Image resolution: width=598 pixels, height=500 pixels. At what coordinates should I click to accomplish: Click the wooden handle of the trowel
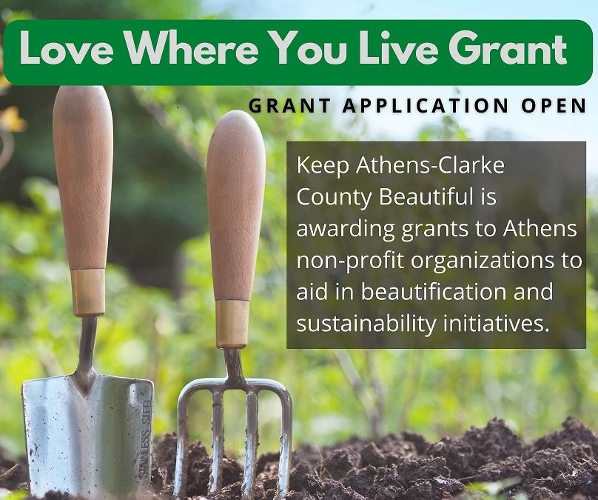point(82,178)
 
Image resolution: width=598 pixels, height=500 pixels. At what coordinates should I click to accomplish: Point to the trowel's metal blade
point(81,430)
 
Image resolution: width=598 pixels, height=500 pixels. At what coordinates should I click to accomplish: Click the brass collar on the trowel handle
point(88,292)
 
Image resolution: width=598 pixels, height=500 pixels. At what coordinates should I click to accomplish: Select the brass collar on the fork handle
point(232,324)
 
